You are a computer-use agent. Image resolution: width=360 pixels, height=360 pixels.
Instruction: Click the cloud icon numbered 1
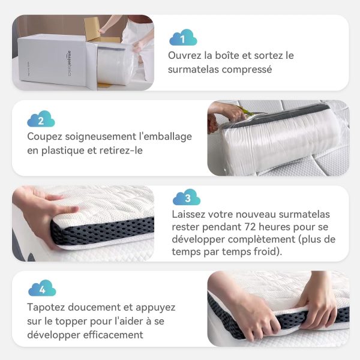point(183,37)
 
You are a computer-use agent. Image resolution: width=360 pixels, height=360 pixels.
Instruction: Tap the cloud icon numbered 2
point(41,119)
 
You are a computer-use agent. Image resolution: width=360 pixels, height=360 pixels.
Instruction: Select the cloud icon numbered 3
point(187,197)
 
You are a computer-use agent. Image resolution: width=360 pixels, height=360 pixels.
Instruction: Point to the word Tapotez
point(46,308)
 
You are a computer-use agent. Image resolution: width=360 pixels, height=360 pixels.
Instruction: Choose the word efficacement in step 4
point(113,335)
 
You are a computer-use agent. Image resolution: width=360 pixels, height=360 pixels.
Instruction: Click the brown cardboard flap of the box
point(92,29)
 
